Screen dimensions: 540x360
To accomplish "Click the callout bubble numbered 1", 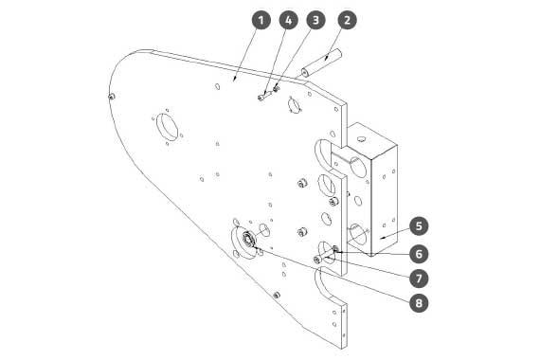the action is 261,20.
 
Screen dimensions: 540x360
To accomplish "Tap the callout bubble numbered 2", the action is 347,20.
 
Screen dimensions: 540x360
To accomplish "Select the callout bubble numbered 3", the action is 315,20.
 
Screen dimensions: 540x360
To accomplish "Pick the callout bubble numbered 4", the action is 289,20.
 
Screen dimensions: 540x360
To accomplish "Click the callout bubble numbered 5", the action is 419,226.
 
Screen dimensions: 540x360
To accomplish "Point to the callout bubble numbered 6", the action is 419,254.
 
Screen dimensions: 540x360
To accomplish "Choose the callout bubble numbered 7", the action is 419,279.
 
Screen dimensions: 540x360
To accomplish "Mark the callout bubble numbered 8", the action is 419,303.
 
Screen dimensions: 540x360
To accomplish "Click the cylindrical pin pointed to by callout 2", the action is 321,63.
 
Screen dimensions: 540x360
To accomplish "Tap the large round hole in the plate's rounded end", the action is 168,126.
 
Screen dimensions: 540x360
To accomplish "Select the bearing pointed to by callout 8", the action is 248,239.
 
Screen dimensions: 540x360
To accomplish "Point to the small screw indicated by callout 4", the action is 263,96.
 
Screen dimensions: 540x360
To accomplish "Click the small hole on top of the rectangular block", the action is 361,139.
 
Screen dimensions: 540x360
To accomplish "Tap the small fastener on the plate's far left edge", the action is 111,97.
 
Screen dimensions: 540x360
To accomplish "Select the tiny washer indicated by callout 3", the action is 276,90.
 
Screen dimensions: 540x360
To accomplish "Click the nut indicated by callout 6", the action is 335,248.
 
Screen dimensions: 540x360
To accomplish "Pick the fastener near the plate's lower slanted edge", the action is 277,296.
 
